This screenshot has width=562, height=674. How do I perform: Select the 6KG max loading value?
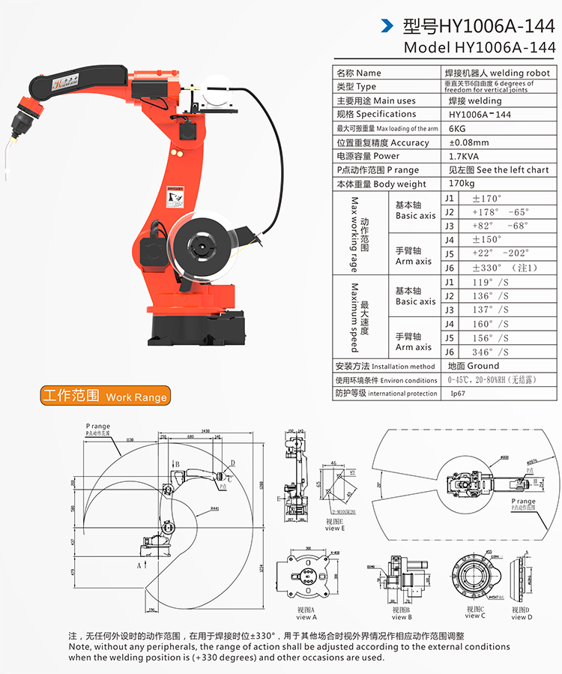(x=457, y=128)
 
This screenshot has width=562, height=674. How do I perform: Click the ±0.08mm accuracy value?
(x=469, y=142)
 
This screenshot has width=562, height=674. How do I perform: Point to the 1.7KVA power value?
(x=465, y=156)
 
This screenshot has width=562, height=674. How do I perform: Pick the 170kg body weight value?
(x=462, y=184)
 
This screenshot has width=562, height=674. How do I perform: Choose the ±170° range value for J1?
(x=487, y=198)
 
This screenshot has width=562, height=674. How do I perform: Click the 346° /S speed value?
(x=490, y=352)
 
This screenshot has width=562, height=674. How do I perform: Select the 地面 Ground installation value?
(x=473, y=366)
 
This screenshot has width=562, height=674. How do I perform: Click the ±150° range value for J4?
(x=487, y=239)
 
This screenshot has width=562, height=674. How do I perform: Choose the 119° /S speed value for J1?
(x=490, y=282)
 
